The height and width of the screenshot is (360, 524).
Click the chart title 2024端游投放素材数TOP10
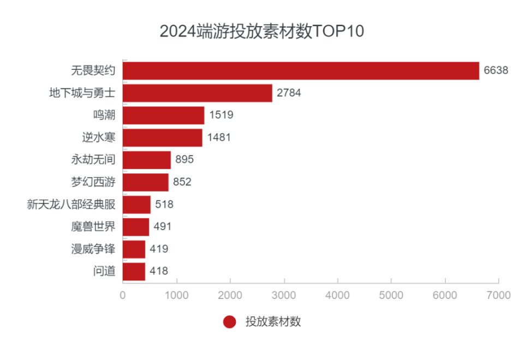click(261, 31)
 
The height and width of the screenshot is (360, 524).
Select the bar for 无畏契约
click(301, 70)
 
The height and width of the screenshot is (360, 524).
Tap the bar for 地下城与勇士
click(197, 93)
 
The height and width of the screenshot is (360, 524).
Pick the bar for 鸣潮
click(163, 115)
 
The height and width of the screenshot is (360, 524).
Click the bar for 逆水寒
click(162, 137)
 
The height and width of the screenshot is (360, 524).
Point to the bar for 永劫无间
click(146, 160)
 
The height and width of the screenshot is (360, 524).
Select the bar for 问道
click(134, 271)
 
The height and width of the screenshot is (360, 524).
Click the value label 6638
click(496, 70)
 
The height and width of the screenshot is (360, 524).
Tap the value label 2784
click(289, 93)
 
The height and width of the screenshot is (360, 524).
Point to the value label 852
click(182, 182)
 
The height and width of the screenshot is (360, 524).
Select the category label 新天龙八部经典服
click(71, 205)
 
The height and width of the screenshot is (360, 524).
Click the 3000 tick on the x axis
click(284, 295)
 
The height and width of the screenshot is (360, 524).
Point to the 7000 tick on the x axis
click(499, 295)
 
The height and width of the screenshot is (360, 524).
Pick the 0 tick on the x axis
click(123, 295)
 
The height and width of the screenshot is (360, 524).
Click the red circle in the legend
click(230, 322)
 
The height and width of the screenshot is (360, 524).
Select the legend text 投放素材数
click(273, 322)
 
